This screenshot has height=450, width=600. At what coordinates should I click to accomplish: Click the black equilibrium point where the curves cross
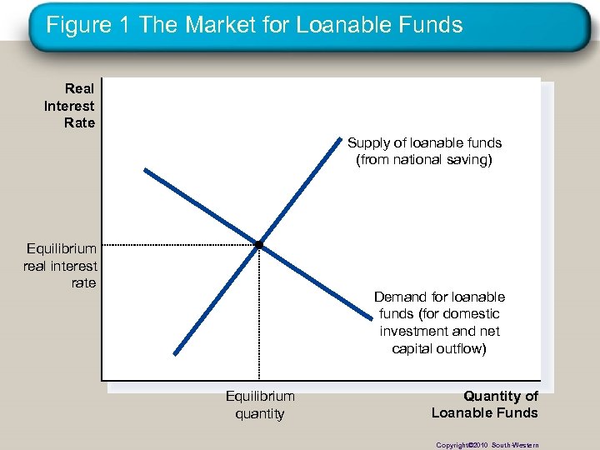(259, 244)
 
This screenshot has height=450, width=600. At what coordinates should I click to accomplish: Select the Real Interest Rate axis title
(71, 106)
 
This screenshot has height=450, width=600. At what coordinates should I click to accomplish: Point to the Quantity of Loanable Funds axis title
(485, 404)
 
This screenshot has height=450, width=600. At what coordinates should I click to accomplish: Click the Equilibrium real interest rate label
(61, 265)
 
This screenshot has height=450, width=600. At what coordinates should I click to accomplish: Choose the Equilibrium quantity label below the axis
(260, 404)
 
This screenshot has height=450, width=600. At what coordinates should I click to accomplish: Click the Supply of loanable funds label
(424, 151)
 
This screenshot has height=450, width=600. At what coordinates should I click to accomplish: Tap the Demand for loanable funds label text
(439, 322)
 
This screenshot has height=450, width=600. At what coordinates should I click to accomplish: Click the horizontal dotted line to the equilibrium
(179, 245)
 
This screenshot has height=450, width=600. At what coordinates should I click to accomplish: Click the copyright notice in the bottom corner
(487, 445)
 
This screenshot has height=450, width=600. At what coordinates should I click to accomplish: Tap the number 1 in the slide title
(126, 25)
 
